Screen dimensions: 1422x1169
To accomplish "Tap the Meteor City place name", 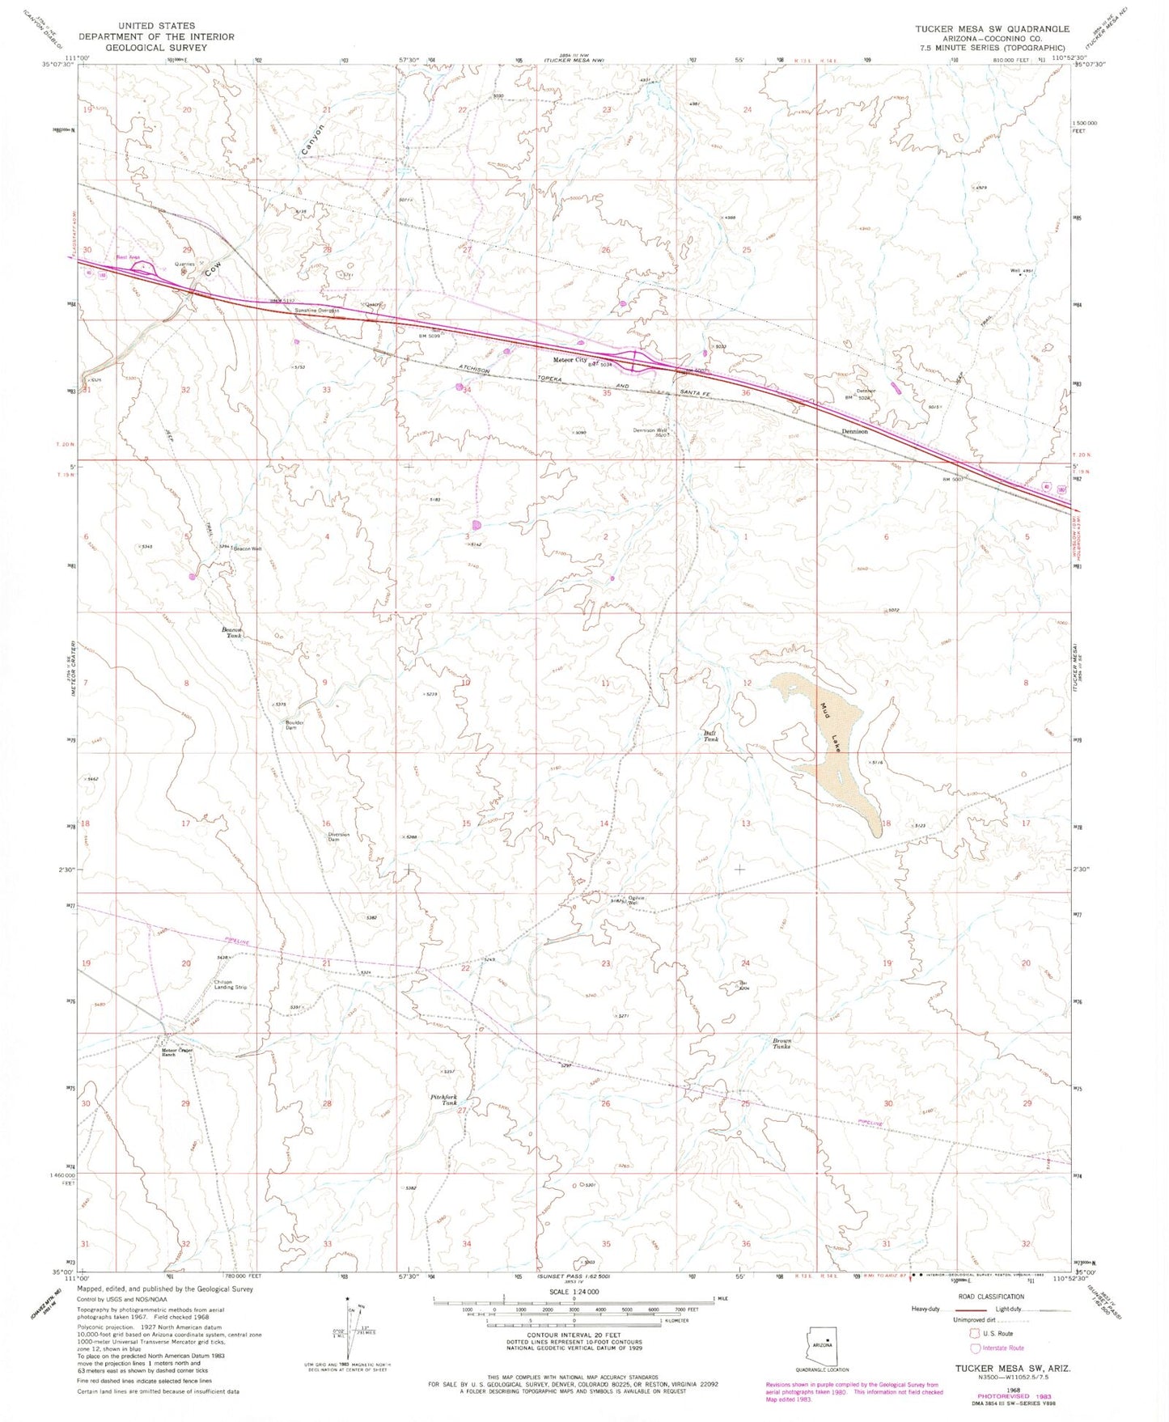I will [x=569, y=360].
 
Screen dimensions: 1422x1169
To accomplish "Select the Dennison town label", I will [x=854, y=431].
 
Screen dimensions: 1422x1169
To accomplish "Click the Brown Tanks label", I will [x=781, y=1043].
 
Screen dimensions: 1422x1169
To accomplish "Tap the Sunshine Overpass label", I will [x=316, y=310].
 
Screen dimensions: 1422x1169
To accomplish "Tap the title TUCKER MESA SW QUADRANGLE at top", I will [x=992, y=29].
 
